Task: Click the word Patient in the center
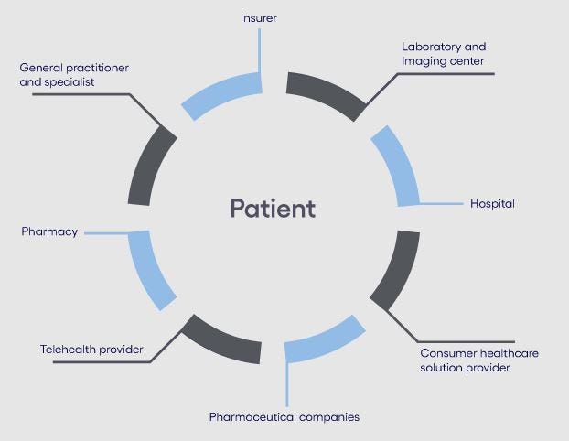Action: [272, 209]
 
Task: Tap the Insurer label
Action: [260, 17]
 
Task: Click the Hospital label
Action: [492, 203]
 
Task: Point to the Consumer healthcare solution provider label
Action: [464, 360]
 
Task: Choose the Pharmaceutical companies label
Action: [284, 417]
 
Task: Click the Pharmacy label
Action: [49, 232]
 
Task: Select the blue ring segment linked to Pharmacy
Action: [151, 268]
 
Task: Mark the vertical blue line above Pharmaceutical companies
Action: [287, 384]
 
